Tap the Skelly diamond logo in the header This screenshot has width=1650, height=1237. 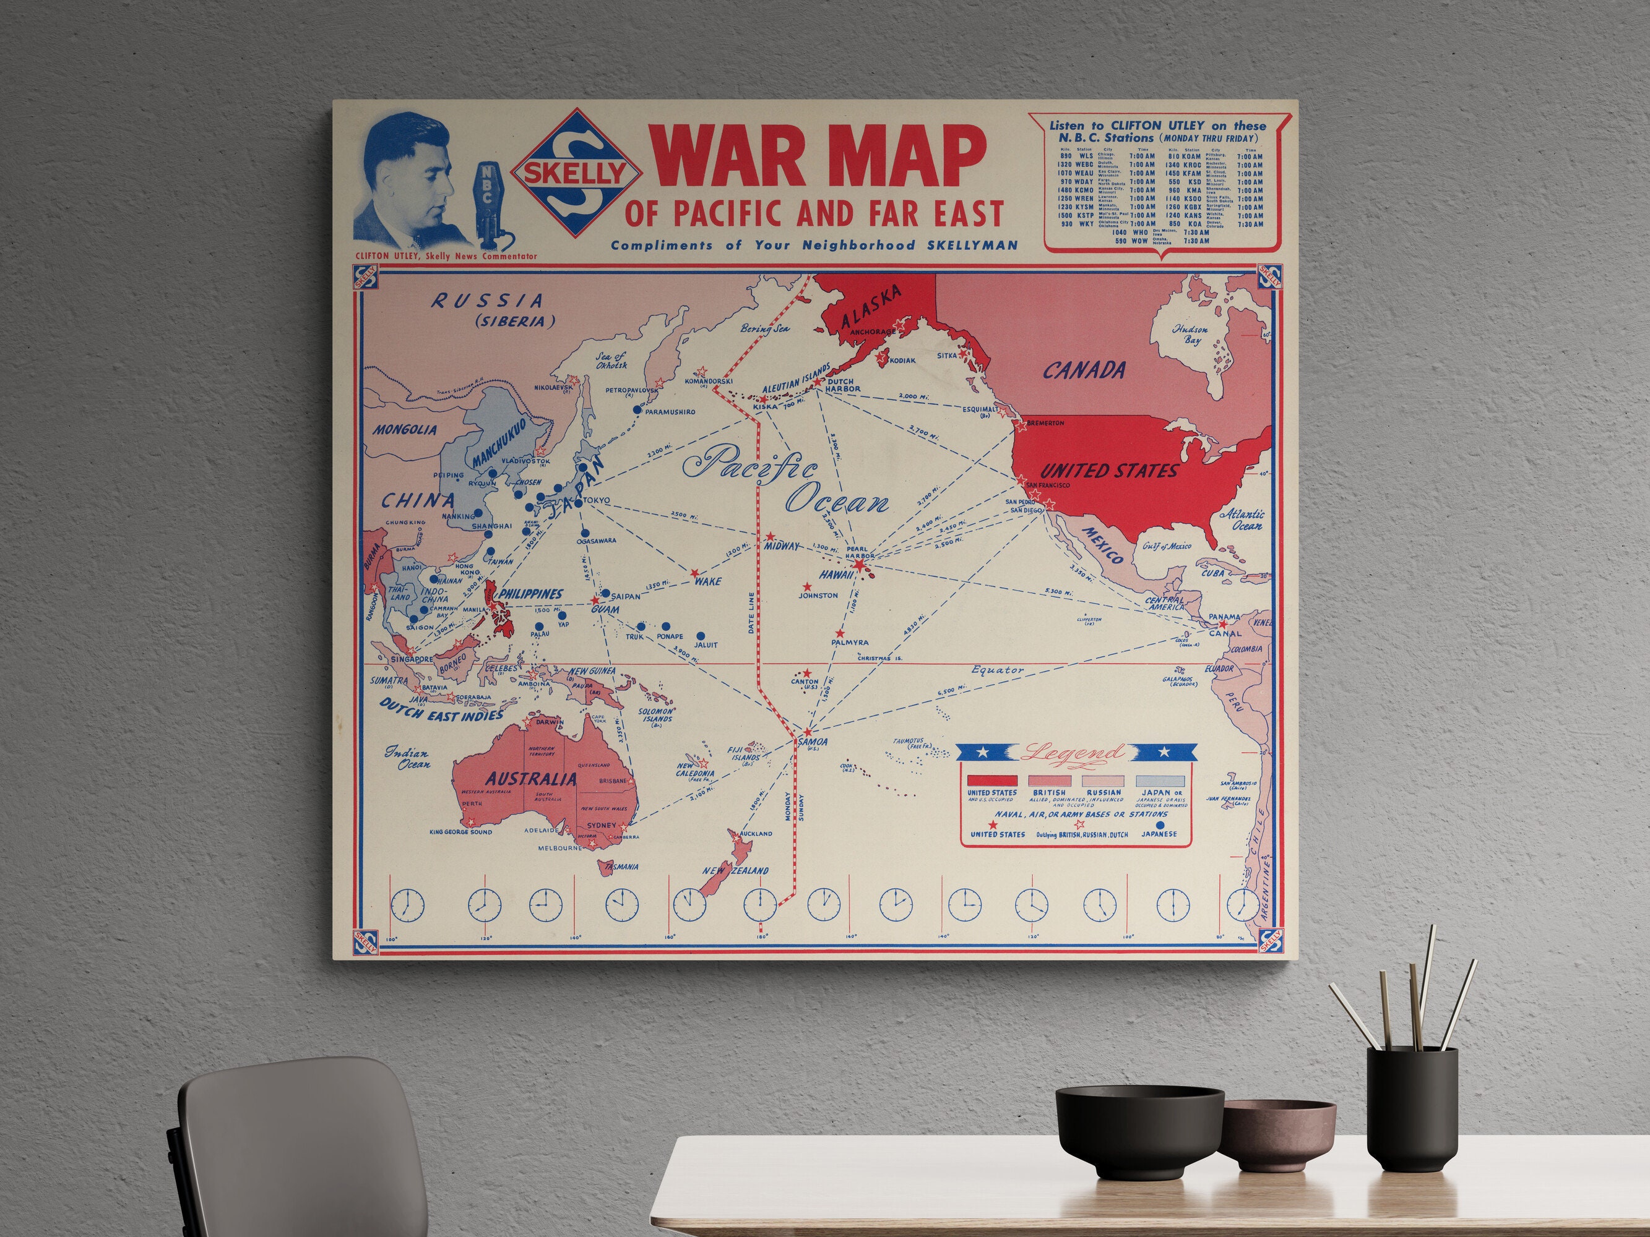575,173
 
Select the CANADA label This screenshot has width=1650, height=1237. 1084,370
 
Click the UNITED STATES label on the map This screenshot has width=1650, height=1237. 1108,471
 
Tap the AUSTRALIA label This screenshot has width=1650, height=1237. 531,779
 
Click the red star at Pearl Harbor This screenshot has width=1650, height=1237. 859,567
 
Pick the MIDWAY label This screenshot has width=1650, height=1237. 782,546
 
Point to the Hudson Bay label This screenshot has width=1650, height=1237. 1190,334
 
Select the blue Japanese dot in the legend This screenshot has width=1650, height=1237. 1159,826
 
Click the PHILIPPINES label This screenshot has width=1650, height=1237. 530,594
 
